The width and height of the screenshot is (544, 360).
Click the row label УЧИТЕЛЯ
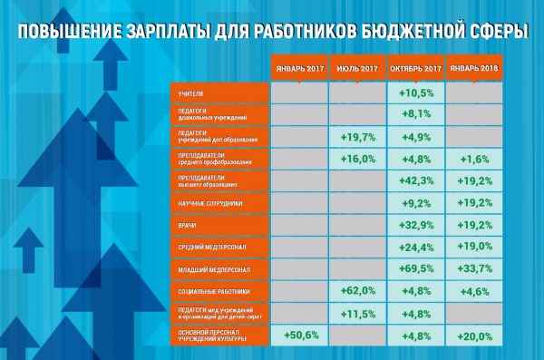pyautogui.click(x=192, y=92)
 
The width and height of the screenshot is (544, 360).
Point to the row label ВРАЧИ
pyautogui.click(x=189, y=225)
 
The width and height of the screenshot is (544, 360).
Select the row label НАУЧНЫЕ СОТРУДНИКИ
pyautogui.click(x=209, y=202)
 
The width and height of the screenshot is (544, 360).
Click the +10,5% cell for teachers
pyautogui.click(x=414, y=92)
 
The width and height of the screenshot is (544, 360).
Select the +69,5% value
pyautogui.click(x=414, y=269)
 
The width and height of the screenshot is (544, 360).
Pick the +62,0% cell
pyautogui.click(x=357, y=291)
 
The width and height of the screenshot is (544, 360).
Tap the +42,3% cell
pyautogui.click(x=414, y=180)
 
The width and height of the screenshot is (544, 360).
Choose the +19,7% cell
pyautogui.click(x=357, y=137)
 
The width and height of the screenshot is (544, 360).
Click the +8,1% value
pyautogui.click(x=414, y=114)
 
